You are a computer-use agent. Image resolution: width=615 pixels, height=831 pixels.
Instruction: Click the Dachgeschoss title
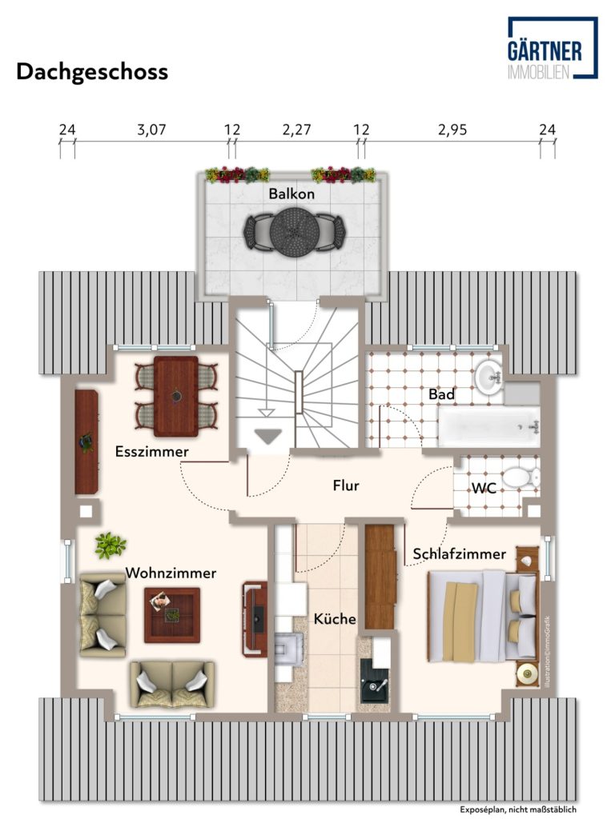[92, 71]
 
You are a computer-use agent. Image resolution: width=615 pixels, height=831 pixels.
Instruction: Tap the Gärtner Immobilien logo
[553, 48]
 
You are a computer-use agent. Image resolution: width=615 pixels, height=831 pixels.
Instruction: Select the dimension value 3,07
[152, 130]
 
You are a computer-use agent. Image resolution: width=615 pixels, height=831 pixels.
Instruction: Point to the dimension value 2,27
[296, 130]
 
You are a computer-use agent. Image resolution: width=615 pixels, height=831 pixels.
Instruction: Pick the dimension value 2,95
[452, 130]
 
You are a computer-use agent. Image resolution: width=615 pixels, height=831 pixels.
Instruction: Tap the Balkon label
[291, 194]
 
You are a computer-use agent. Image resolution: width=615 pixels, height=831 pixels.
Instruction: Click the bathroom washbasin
[488, 378]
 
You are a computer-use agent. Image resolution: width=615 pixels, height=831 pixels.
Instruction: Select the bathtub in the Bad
[488, 427]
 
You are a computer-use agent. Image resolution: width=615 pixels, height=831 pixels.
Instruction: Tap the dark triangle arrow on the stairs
[267, 436]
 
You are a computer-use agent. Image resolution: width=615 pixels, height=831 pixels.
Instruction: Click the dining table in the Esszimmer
[176, 396]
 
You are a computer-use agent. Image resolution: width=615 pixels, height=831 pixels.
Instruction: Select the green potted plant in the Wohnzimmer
[111, 545]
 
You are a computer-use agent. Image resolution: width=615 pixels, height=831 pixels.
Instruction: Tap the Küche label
[335, 618]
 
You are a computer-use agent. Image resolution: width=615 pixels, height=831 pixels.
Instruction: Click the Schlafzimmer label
[460, 553]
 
